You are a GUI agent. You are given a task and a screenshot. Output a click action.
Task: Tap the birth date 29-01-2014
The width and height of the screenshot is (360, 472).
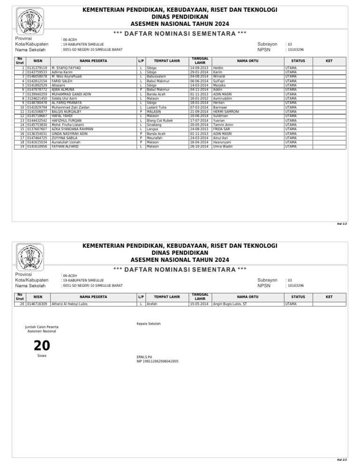click(x=199, y=72)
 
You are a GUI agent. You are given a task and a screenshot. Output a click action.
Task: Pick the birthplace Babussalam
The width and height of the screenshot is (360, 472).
click(x=156, y=76)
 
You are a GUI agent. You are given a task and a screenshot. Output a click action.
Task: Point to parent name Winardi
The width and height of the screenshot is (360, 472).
click(x=219, y=76)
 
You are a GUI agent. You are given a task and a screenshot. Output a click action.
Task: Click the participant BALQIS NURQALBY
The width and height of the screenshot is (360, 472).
click(x=66, y=112)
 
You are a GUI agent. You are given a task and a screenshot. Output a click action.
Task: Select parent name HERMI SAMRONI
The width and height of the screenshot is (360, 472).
click(x=226, y=112)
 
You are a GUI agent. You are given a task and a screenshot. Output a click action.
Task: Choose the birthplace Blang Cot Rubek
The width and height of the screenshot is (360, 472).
click(x=159, y=121)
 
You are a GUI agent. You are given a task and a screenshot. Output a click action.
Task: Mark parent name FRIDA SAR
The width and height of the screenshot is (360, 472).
click(x=221, y=129)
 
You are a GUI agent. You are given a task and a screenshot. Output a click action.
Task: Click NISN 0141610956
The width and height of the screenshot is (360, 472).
click(x=37, y=147)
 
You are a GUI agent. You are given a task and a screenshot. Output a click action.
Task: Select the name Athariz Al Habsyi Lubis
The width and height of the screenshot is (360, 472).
click(x=69, y=304)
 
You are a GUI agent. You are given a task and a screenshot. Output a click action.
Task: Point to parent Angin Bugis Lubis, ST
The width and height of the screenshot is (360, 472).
click(x=230, y=304)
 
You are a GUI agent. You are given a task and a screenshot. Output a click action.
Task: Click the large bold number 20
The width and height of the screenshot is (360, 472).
click(x=42, y=346)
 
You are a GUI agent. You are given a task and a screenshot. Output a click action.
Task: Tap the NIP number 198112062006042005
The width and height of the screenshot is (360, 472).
click(x=157, y=361)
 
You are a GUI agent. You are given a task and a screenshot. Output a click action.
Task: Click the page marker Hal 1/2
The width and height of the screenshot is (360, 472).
click(x=342, y=224)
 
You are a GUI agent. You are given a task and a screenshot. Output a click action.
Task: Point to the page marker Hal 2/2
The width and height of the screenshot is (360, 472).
click(x=342, y=460)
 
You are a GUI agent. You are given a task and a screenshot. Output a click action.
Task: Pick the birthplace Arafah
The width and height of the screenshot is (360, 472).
click(x=152, y=304)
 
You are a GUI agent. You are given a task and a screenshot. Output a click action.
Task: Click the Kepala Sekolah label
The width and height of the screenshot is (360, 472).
click(x=148, y=324)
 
